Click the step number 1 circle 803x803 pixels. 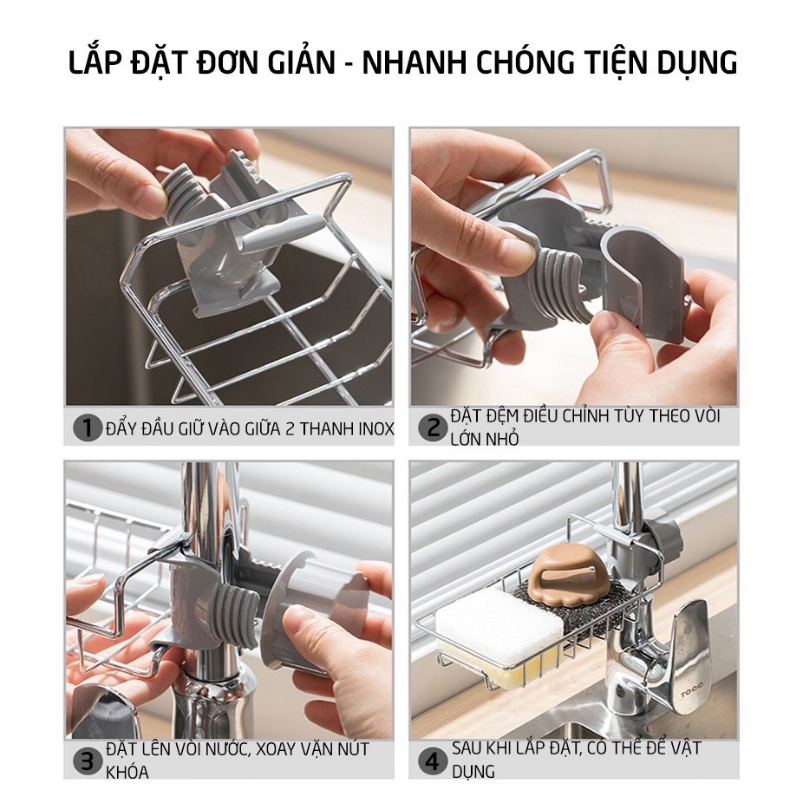tap(87, 428)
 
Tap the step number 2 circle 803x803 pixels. tap(432, 427)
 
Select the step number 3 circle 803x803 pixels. tap(87, 761)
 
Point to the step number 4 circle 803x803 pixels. tap(432, 761)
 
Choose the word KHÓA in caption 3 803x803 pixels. tap(127, 772)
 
